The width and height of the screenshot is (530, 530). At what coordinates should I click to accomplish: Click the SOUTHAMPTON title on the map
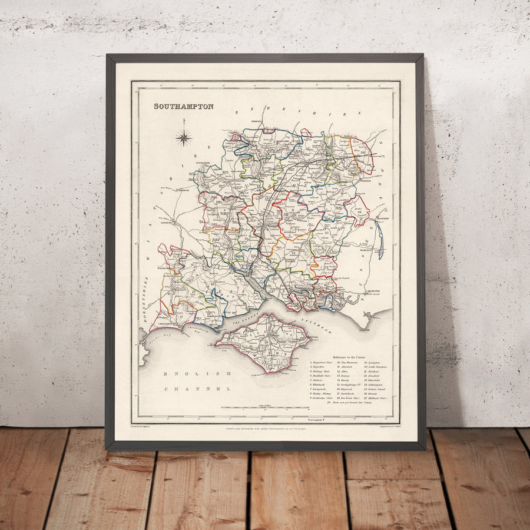tap(184, 107)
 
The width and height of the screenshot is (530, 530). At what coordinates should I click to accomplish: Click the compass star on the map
tap(184, 138)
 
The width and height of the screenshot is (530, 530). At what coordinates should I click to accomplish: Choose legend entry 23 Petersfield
tap(375, 380)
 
